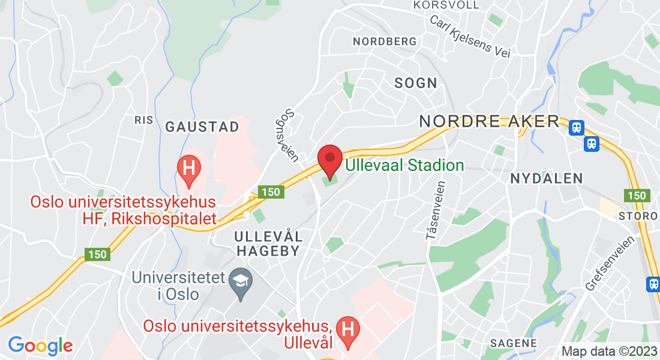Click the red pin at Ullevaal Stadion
pos(329,159)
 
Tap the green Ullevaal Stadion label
pos(404,166)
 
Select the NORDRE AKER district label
pos(489,121)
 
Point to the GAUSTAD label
pos(202,127)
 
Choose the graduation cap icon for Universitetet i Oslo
pos(241,284)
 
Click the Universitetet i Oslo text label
pos(179,286)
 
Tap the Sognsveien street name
pos(291,135)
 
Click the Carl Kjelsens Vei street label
pos(470,36)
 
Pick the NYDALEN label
pos(547,178)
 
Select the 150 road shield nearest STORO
pos(636,196)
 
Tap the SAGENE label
pos(513,343)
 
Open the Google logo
pos(40,346)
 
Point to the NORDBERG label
pos(385,41)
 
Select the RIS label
pos(144,120)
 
